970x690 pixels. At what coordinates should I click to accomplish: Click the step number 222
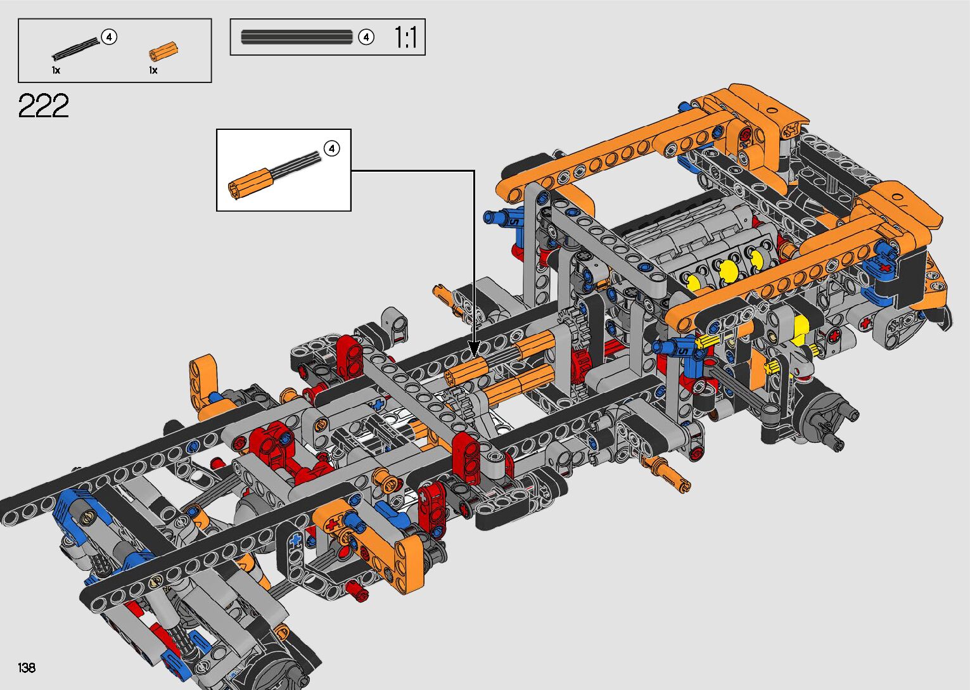pos(43,105)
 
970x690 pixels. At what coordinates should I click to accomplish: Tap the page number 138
pos(27,667)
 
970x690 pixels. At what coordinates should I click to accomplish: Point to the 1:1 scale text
pos(405,37)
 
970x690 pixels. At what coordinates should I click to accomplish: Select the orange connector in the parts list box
pos(163,52)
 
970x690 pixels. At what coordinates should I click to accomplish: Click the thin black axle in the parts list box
pos(76,49)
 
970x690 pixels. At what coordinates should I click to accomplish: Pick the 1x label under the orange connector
pos(153,70)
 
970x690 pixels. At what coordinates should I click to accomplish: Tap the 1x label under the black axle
pos(56,70)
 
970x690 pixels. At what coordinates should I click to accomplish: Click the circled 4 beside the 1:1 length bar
pos(366,37)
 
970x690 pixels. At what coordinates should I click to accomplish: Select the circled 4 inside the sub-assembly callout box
pos(332,148)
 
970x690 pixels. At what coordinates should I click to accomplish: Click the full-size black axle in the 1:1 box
pos(297,37)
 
